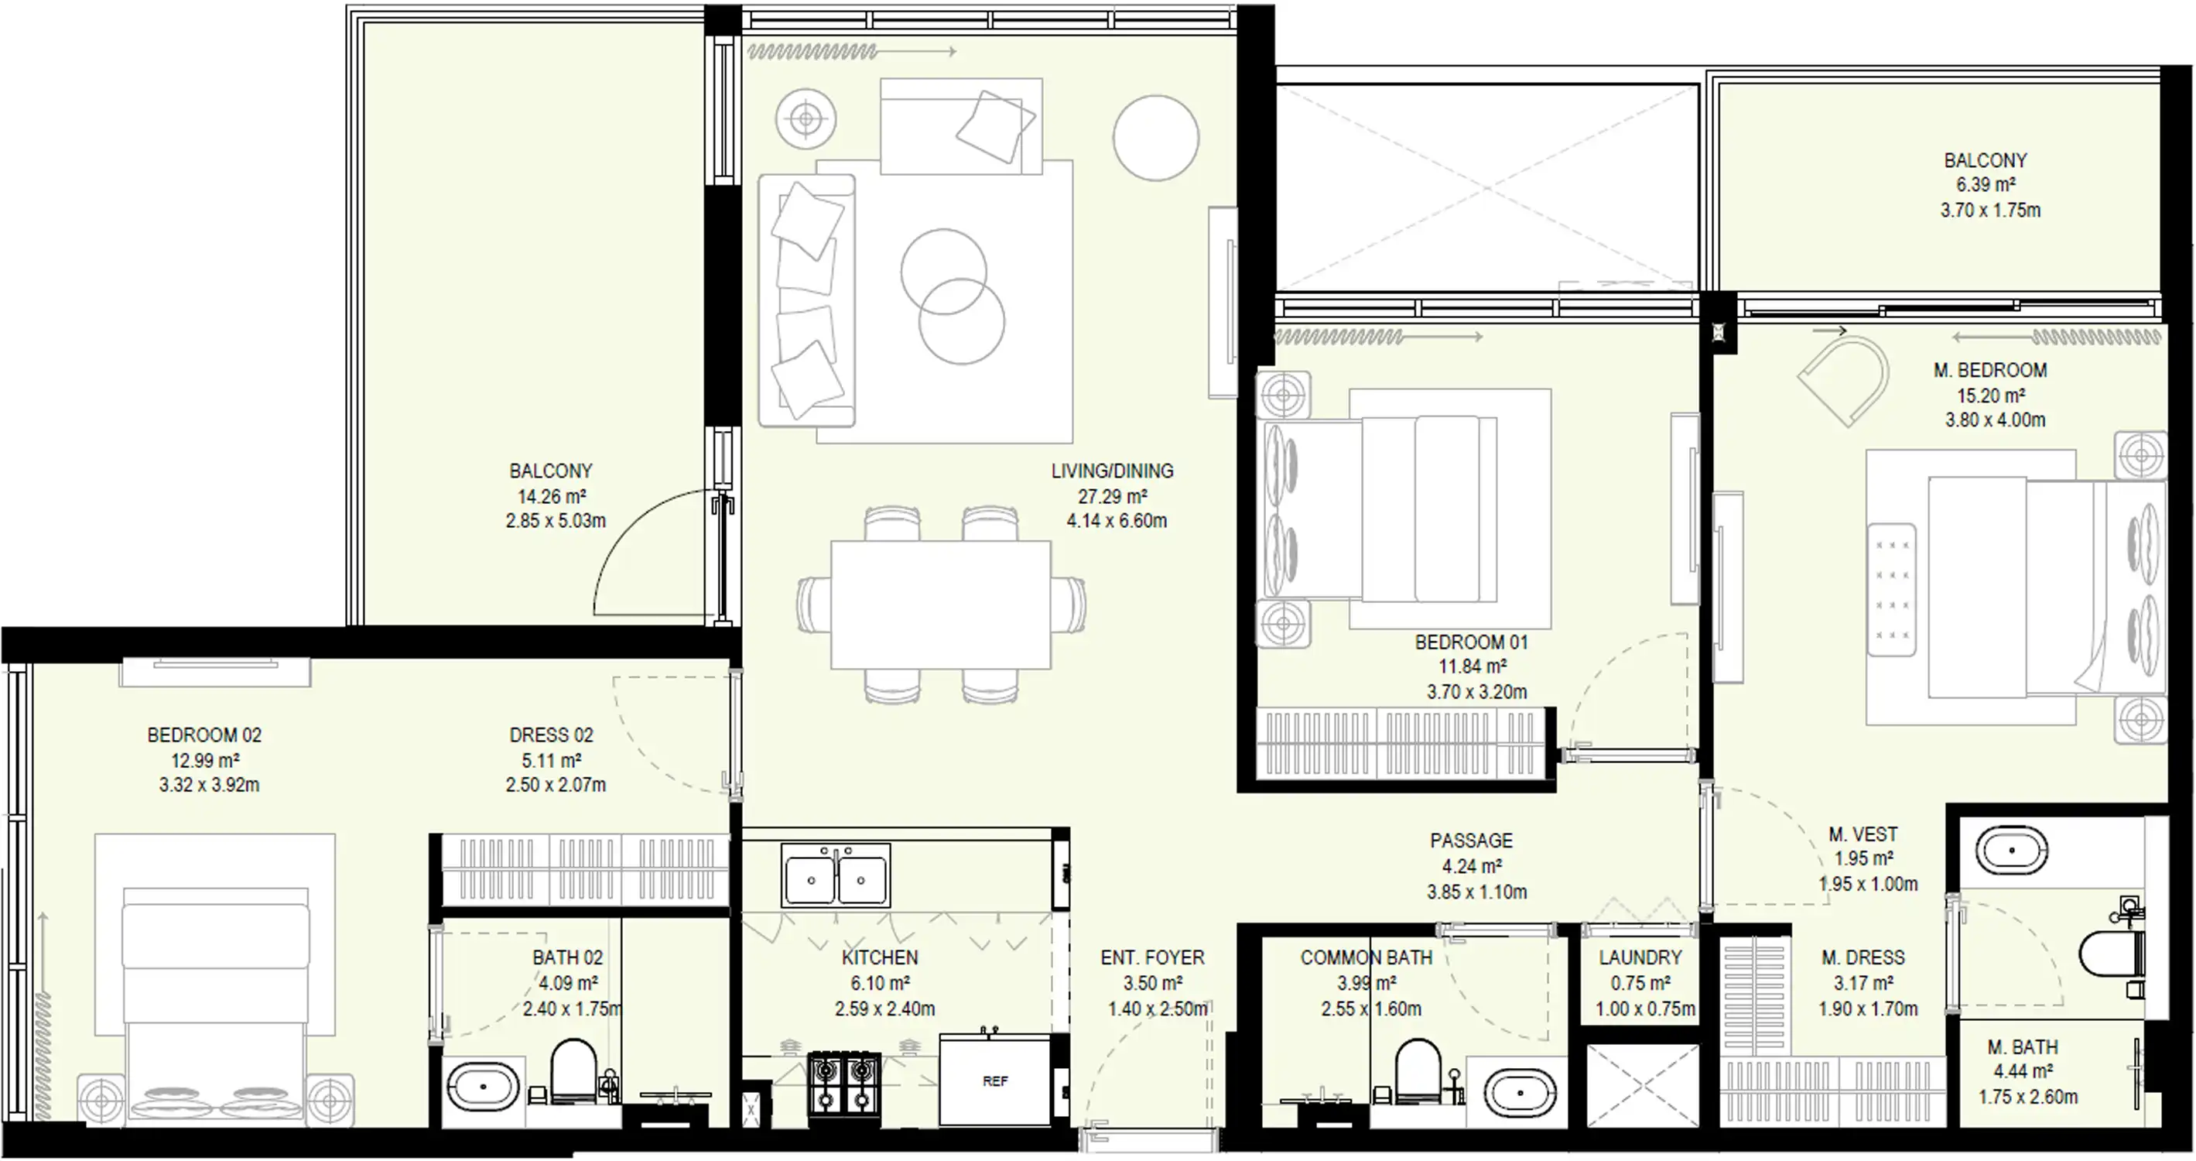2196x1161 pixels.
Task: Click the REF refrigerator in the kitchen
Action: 995,1080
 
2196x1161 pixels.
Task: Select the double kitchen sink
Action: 836,875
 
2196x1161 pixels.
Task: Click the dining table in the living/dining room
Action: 940,605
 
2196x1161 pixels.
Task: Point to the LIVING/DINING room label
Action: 1112,471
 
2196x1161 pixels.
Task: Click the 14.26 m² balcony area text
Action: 552,496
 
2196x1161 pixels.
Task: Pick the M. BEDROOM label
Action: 1990,371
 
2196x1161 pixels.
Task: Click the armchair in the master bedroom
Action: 1842,380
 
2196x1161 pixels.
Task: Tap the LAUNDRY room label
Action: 1640,957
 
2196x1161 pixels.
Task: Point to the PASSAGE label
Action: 1472,841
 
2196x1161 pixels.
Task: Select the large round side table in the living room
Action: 1156,137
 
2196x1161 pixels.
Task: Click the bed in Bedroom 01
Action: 1381,508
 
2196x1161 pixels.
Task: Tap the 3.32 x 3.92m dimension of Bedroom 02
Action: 209,785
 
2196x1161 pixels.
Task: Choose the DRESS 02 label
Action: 551,735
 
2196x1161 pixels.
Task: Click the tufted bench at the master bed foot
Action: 1892,590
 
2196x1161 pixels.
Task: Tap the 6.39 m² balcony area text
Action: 1986,185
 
